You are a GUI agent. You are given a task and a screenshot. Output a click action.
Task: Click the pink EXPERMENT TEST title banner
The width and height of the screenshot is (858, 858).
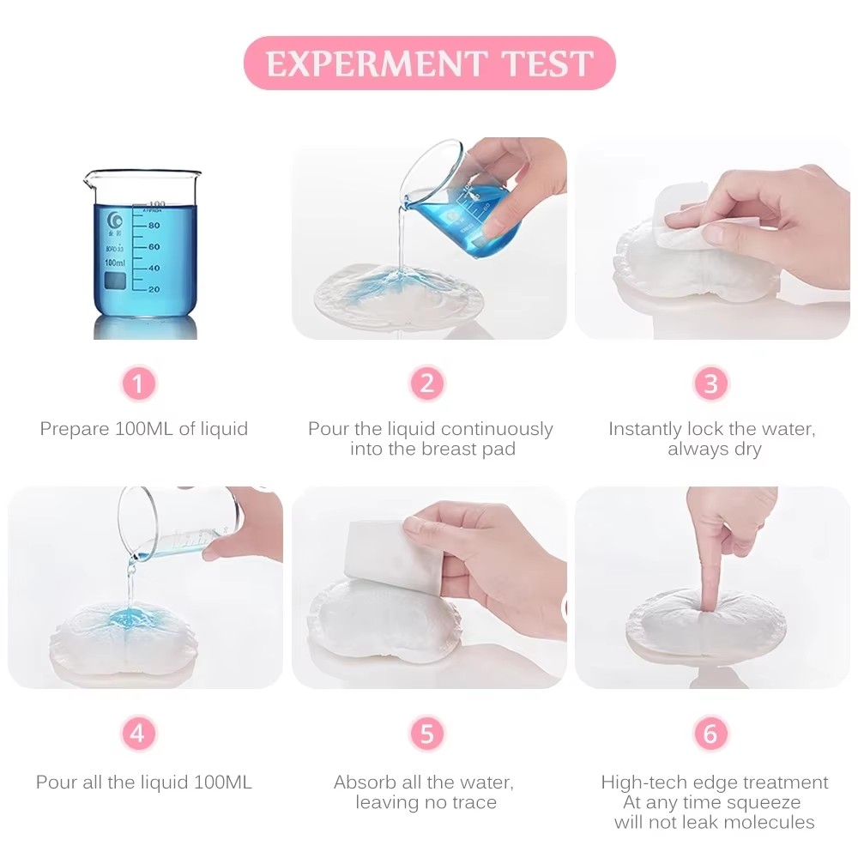click(x=429, y=63)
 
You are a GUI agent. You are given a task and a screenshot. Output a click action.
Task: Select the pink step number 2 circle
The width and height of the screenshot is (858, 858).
click(x=427, y=384)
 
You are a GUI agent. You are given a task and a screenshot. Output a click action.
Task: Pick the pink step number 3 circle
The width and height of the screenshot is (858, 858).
click(x=710, y=384)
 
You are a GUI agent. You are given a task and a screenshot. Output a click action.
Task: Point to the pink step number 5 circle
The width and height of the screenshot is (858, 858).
click(x=427, y=734)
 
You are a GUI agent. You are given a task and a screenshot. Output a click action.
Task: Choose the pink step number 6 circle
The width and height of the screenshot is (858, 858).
click(x=710, y=734)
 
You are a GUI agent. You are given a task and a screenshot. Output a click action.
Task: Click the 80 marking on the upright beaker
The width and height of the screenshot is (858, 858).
click(x=154, y=226)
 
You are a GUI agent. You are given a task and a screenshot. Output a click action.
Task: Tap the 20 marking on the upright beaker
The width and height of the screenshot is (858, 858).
click(x=154, y=289)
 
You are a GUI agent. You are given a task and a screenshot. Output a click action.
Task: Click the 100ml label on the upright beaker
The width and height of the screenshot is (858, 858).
click(x=114, y=262)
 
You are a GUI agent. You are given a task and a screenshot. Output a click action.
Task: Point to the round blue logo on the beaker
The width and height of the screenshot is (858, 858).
click(x=115, y=217)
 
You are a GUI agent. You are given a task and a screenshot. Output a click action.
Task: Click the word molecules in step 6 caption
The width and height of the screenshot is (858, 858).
click(x=770, y=822)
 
